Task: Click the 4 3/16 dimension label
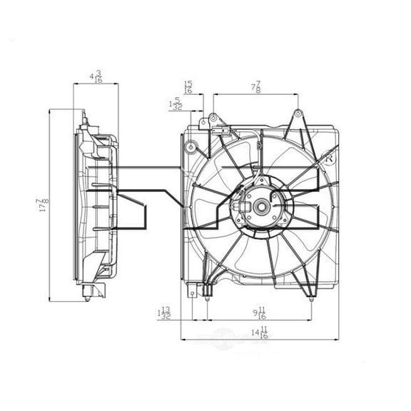[x=95, y=76]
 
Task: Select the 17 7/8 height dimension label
[x=44, y=205]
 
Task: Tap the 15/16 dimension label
[x=188, y=86]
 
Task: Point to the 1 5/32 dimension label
[x=173, y=103]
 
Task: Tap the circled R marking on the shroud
[x=329, y=158]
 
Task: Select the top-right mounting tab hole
[x=298, y=113]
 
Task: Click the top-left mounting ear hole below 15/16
[x=213, y=118]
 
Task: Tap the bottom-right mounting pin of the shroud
[x=311, y=298]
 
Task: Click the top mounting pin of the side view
[x=84, y=114]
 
